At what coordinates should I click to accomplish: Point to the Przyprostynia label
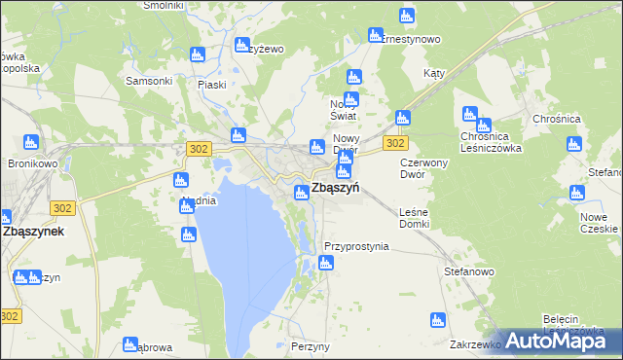pyautogui.click(x=356, y=247)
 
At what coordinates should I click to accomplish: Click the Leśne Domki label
pyautogui.click(x=414, y=218)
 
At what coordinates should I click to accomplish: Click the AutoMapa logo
pyautogui.click(x=564, y=340)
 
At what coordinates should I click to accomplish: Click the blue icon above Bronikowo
pyautogui.click(x=31, y=142)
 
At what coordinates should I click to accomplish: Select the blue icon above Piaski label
pyautogui.click(x=199, y=55)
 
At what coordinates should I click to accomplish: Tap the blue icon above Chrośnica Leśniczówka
pyautogui.click(x=470, y=114)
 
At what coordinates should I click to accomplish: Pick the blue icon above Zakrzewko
pyautogui.click(x=437, y=320)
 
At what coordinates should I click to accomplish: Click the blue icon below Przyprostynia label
pyautogui.click(x=325, y=263)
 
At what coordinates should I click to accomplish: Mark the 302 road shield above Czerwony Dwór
pyautogui.click(x=394, y=143)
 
